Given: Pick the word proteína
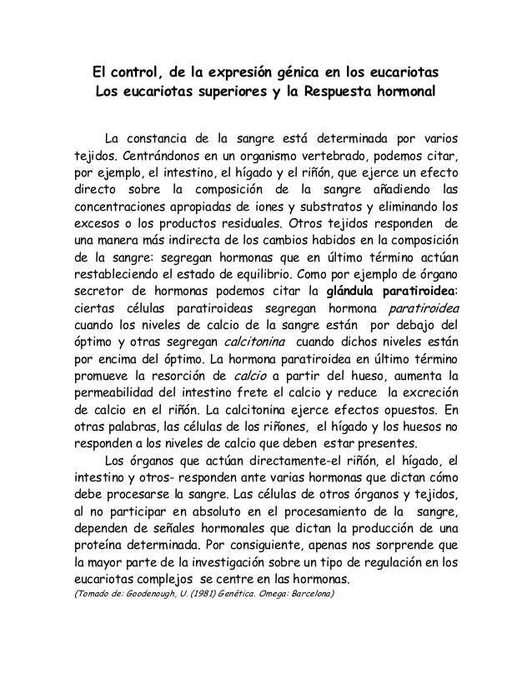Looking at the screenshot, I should (x=101, y=551).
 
